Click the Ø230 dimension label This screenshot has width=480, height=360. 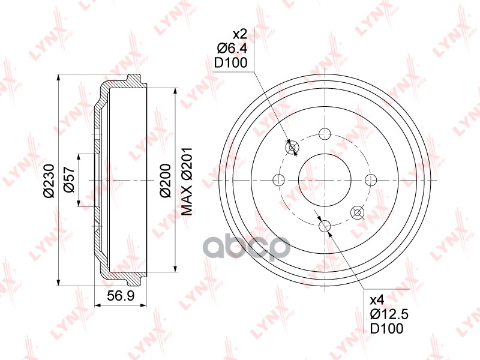(49, 181)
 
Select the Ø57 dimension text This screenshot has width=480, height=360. (69, 179)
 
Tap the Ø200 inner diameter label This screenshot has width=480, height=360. (166, 181)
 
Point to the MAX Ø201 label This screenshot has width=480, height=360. (187, 181)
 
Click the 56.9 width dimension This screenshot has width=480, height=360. (121, 295)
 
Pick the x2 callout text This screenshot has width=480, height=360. (239, 34)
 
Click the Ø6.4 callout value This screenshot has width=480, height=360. (232, 49)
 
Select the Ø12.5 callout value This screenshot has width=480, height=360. (389, 314)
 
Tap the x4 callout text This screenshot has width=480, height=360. (377, 301)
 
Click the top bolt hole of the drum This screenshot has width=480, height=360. (325, 133)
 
